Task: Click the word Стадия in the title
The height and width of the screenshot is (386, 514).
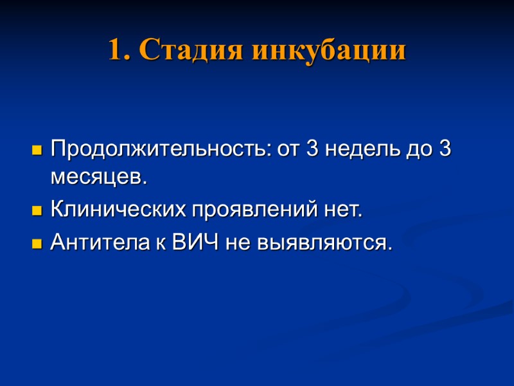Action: (x=191, y=51)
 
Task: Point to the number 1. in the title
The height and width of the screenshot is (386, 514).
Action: (x=118, y=51)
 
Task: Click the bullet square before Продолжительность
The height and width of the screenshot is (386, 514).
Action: (x=37, y=152)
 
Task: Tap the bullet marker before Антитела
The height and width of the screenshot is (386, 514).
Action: (x=37, y=244)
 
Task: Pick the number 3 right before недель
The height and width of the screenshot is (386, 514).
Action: (x=312, y=151)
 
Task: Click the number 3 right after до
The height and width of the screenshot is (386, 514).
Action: (x=444, y=151)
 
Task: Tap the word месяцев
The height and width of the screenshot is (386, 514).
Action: (x=98, y=178)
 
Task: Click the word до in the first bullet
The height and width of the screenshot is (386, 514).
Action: (x=418, y=151)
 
